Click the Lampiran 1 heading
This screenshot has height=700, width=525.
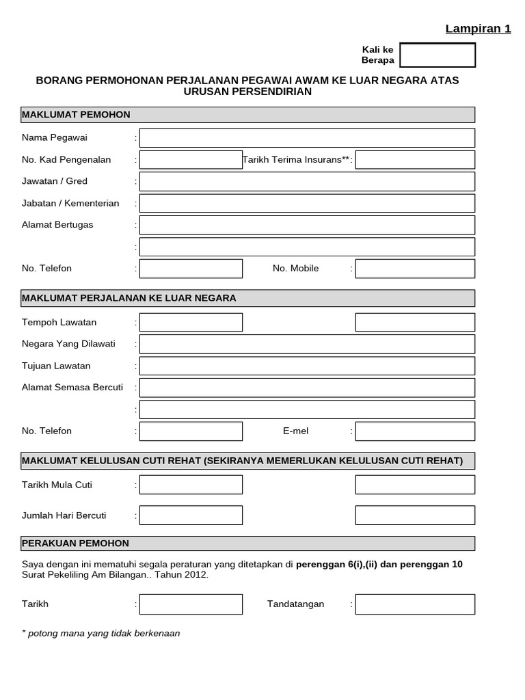[478, 29]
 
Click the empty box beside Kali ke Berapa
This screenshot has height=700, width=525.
[437, 55]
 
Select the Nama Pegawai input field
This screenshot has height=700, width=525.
[307, 138]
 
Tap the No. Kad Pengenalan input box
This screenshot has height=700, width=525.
[191, 160]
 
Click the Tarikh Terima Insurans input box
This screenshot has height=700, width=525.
[415, 160]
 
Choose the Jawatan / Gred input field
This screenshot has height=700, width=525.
[307, 182]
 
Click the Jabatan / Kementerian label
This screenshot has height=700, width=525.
[70, 203]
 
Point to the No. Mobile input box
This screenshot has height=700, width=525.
[415, 269]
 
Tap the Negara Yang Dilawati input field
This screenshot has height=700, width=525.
[307, 344]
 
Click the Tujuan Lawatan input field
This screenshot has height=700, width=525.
[307, 366]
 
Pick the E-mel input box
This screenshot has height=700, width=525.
[415, 431]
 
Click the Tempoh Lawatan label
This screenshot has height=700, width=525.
[59, 322]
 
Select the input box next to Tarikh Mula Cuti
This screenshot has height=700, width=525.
[191, 485]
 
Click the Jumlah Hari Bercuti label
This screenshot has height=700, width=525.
[64, 515]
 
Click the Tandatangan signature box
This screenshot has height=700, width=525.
[415, 604]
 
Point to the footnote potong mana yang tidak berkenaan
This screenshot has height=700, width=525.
[101, 633]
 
